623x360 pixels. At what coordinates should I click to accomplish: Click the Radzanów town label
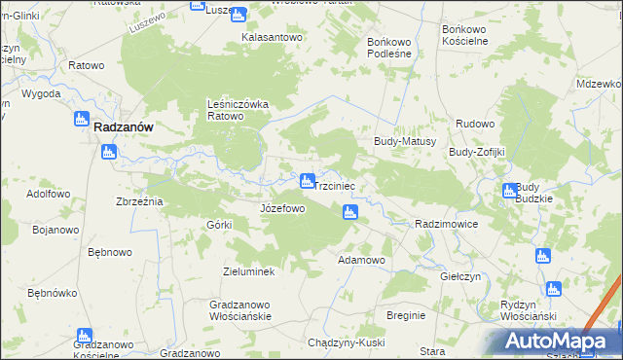click(x=128, y=126)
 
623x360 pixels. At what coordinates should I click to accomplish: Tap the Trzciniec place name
click(x=340, y=184)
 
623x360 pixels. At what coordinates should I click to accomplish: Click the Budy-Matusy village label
click(x=404, y=141)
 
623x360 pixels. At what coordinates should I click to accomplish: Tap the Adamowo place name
click(x=361, y=261)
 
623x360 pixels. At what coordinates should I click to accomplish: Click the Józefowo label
click(x=283, y=209)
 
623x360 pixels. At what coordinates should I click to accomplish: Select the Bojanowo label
click(x=55, y=230)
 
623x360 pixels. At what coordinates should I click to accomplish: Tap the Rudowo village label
click(x=476, y=124)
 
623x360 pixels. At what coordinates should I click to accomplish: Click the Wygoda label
click(x=40, y=93)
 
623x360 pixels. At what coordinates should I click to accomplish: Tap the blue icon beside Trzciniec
click(x=308, y=181)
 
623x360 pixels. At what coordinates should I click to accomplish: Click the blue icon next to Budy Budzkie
click(x=509, y=192)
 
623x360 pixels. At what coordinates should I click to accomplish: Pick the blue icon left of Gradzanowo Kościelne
click(x=84, y=337)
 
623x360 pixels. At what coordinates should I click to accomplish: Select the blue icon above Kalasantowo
click(x=238, y=14)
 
